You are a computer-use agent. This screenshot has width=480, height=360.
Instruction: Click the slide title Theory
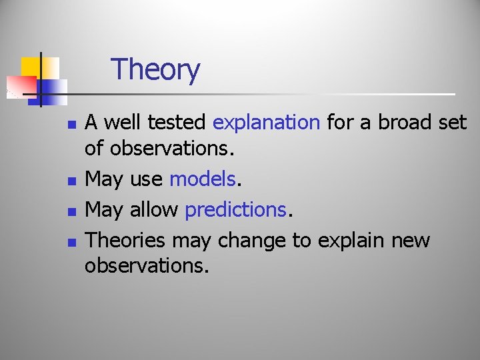(x=155, y=69)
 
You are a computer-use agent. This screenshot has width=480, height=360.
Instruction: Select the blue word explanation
(x=266, y=123)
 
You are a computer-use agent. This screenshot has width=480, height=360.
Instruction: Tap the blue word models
(x=203, y=179)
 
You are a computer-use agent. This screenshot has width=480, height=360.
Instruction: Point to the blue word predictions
(x=235, y=210)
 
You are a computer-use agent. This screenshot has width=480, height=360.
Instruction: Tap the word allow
(x=154, y=210)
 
